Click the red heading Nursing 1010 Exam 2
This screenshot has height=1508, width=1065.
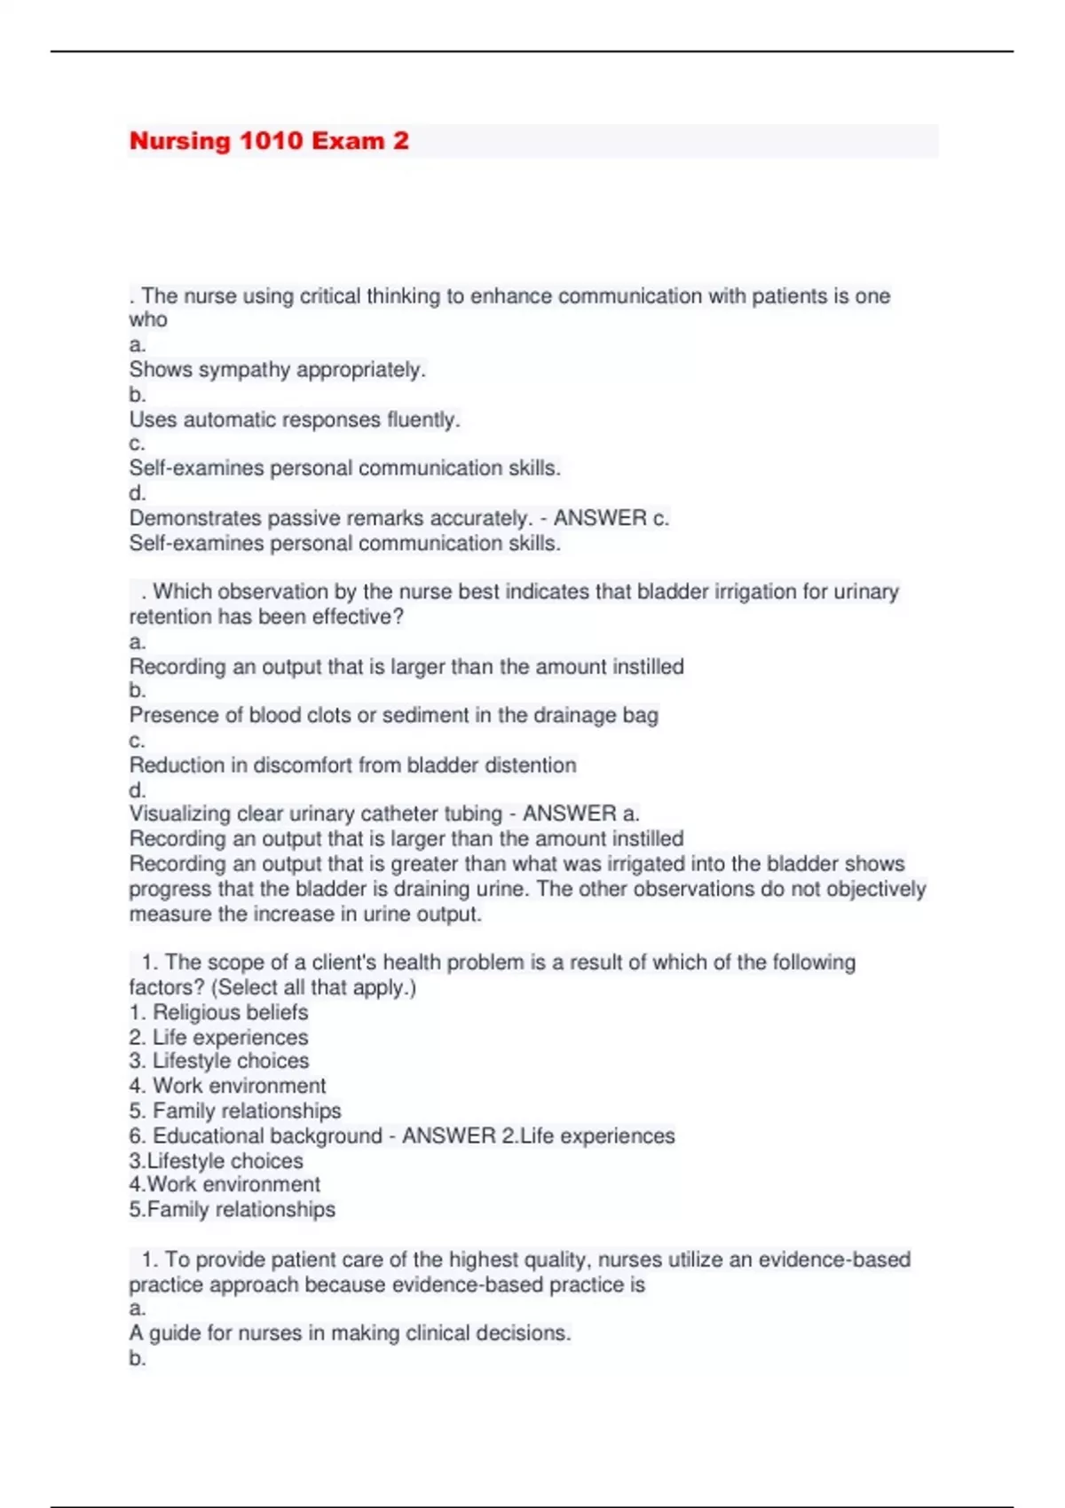[x=269, y=141]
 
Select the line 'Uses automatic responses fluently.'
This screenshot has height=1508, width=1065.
[x=295, y=420]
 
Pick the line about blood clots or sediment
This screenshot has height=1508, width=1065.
[x=393, y=716]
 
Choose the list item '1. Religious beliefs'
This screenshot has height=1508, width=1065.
[x=218, y=1013]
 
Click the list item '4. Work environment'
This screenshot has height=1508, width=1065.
[x=227, y=1086]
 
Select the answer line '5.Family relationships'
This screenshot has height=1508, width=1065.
[x=232, y=1210]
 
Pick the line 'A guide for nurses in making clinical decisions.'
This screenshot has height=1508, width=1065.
[x=350, y=1333]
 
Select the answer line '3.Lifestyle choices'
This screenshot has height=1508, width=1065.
[x=216, y=1161]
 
